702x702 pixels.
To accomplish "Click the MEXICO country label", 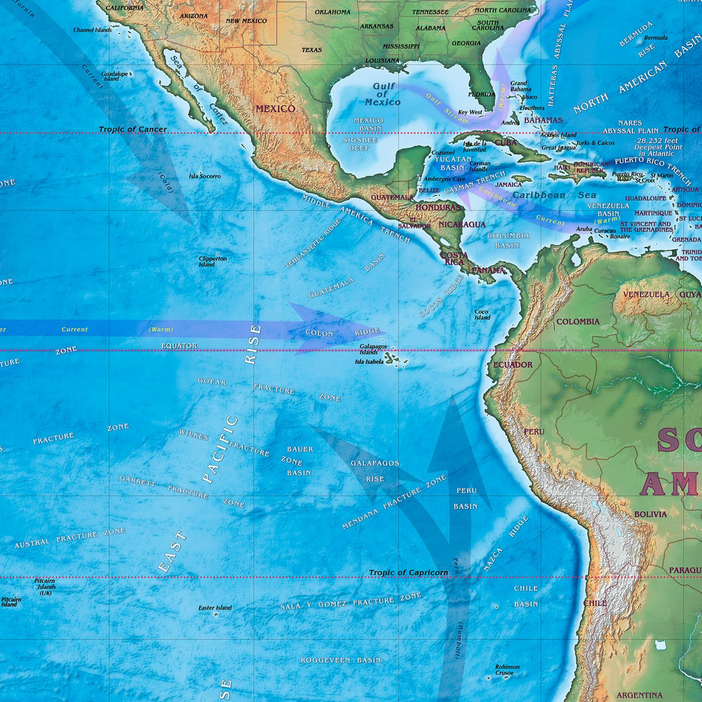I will point(275,109).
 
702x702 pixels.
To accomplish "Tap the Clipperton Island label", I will point(213,261).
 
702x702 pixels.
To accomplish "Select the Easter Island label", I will point(215,608).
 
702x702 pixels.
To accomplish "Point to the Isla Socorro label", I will point(205,176).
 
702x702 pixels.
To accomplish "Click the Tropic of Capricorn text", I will point(408,573).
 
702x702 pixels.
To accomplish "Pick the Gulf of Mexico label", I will point(383,94).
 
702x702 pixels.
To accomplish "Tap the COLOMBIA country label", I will point(578,322).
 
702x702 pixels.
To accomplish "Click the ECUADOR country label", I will point(513,365).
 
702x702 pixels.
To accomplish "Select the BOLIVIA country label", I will point(651,514).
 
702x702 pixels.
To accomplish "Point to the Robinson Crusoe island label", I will point(507,669).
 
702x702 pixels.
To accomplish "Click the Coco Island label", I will point(482,315).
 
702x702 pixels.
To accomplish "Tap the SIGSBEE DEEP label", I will point(359,144).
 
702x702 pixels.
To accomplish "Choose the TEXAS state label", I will point(311,50).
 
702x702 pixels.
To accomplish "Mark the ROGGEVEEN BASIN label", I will point(341,660).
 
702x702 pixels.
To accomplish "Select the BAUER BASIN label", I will point(299,461).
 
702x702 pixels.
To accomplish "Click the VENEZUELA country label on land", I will point(646,294).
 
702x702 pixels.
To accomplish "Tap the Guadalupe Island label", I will point(114,76).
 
